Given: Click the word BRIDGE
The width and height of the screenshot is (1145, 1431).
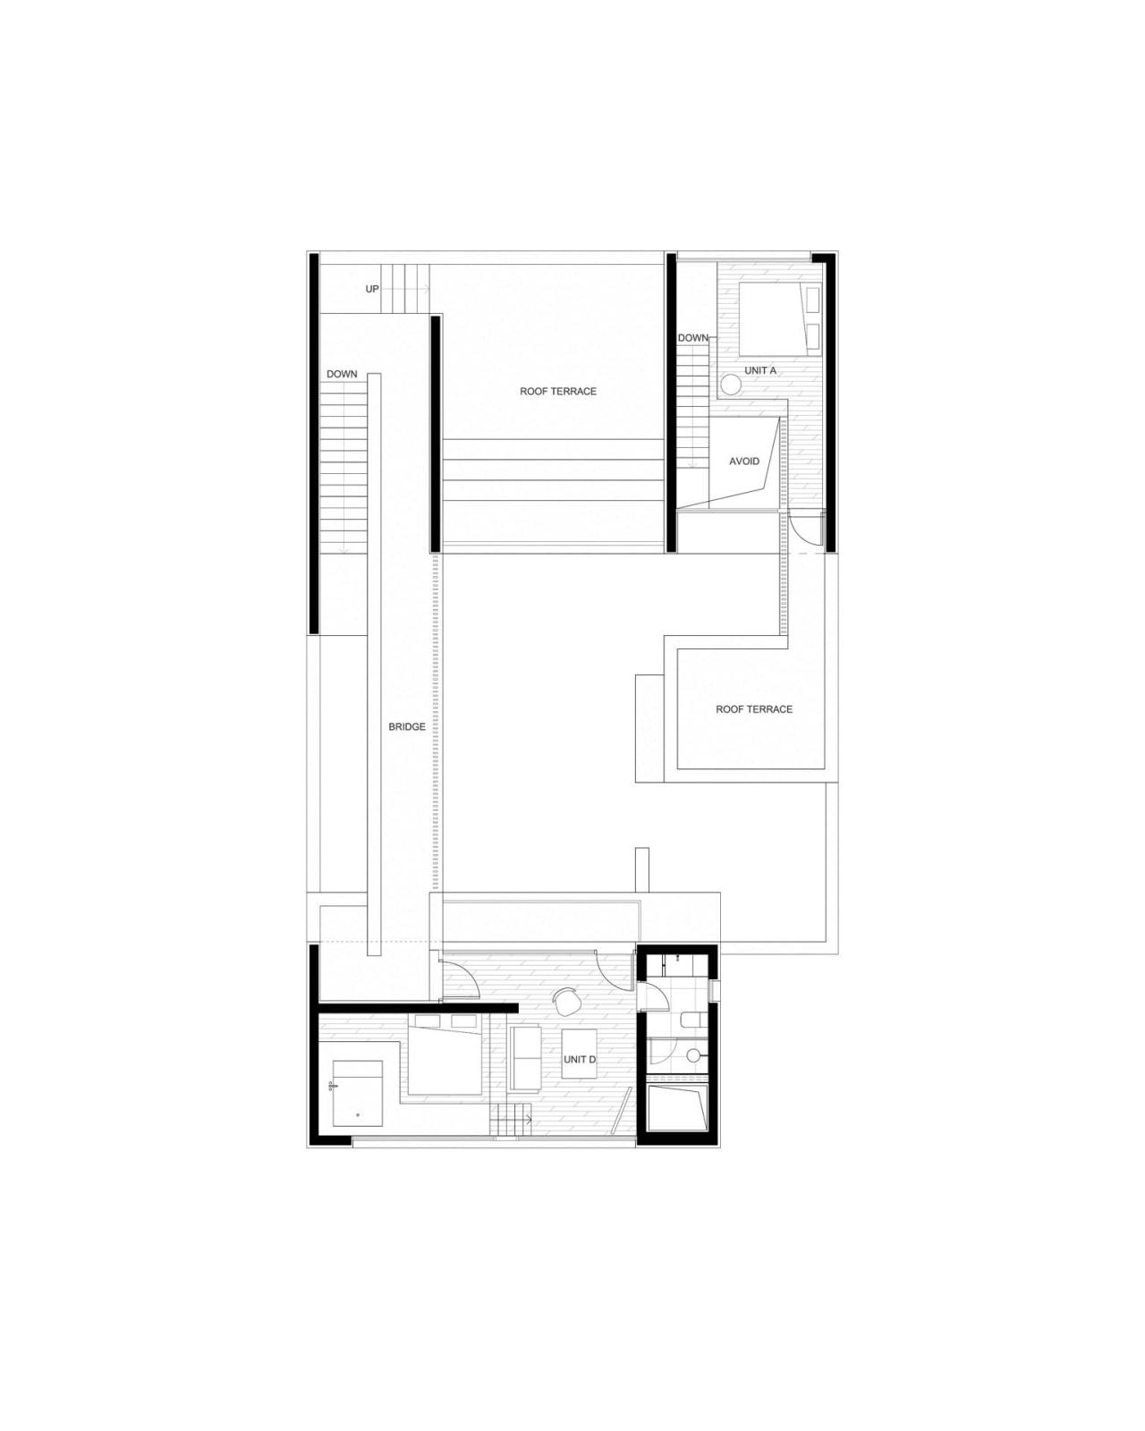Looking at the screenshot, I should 407,727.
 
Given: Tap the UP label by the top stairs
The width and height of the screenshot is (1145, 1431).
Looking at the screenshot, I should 372,289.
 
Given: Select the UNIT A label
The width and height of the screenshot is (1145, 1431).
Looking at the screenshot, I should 760,370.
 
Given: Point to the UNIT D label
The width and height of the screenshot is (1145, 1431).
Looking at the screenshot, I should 580,1060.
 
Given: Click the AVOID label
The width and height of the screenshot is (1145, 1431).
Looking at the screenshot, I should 744,461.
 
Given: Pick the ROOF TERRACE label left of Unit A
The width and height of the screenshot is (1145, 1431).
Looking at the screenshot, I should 558,392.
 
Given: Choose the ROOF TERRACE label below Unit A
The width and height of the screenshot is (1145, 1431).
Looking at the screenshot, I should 754,709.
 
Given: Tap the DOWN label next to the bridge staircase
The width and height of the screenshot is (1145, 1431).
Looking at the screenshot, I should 342,374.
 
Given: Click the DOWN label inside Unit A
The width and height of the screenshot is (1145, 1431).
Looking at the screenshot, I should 693,338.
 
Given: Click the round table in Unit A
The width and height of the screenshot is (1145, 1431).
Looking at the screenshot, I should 732,385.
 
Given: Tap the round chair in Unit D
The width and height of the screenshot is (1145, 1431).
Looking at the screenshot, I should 566,1002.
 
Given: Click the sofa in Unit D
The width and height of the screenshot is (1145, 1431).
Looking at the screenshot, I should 524,1058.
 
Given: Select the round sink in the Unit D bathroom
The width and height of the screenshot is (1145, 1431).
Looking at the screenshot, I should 692,1056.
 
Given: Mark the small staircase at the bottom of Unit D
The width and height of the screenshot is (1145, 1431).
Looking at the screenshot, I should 511,1122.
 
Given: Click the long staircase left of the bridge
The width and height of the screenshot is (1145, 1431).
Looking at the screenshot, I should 344,465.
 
